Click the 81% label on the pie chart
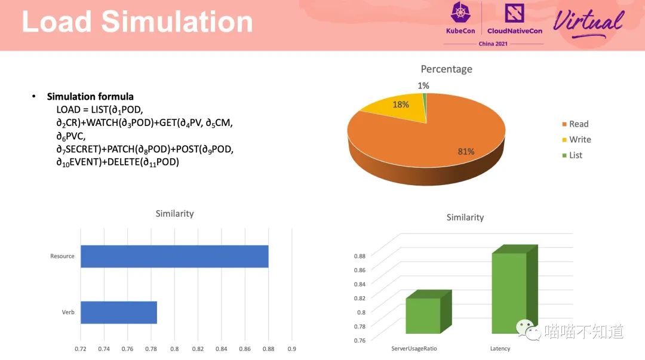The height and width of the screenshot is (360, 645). (x=466, y=152)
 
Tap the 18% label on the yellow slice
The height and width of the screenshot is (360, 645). (x=401, y=104)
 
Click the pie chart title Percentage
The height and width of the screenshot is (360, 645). (x=446, y=69)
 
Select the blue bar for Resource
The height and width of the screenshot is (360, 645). (x=174, y=256)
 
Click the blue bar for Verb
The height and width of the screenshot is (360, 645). (x=119, y=312)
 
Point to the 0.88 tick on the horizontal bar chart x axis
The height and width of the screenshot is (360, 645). (x=268, y=349)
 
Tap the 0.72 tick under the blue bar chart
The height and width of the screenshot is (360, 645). (x=81, y=349)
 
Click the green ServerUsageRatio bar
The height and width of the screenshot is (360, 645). (x=423, y=315)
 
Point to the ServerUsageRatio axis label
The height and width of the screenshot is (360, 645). (x=418, y=349)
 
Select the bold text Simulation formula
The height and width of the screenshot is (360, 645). (x=90, y=97)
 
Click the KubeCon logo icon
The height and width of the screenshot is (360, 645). (x=460, y=13)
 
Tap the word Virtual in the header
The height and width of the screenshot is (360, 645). (x=588, y=23)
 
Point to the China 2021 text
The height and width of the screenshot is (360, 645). (x=493, y=44)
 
